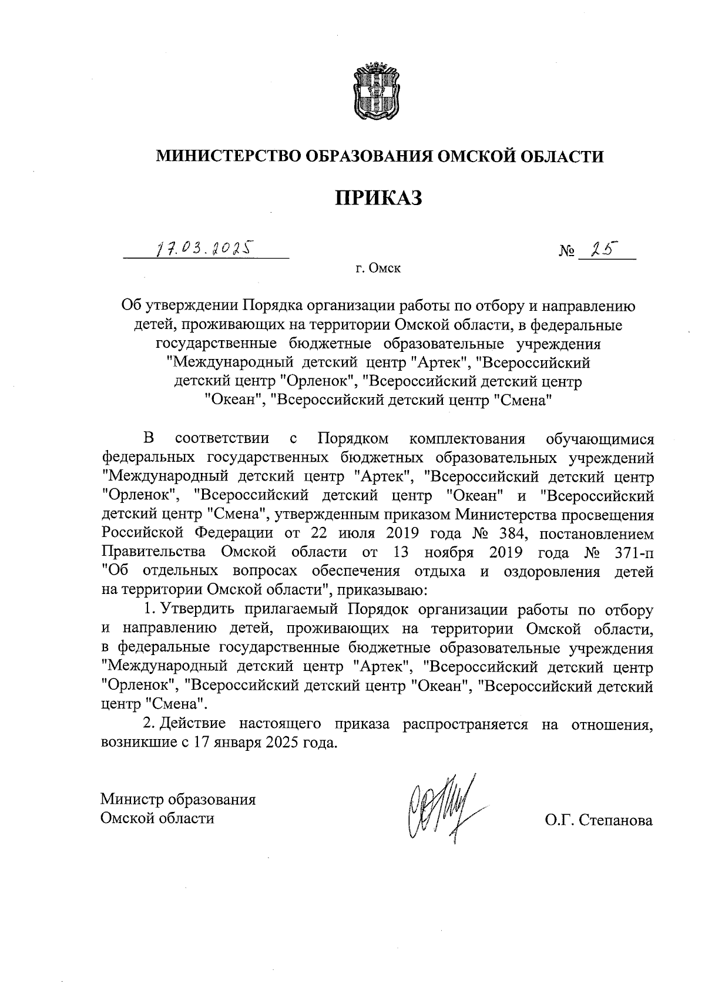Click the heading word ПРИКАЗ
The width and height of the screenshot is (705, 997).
[379, 197]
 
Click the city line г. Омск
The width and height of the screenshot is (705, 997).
[378, 269]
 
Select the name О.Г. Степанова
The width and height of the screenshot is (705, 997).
[599, 820]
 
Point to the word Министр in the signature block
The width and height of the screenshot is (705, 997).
[132, 800]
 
